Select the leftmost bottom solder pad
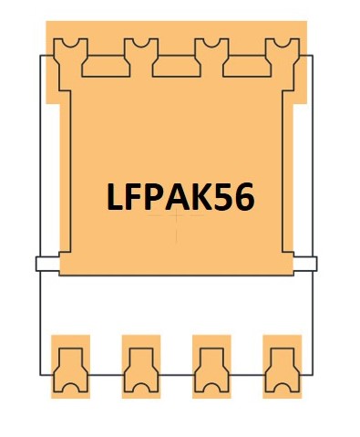click(70, 368)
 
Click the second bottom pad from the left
click(140, 368)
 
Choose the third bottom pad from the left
click(211, 368)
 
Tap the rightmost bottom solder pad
click(281, 368)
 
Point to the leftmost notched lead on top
click(70, 57)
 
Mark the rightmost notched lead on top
click(281, 57)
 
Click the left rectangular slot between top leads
click(105, 64)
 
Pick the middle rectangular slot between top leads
click(176, 64)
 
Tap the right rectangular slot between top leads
click(246, 64)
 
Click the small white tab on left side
click(46, 265)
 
